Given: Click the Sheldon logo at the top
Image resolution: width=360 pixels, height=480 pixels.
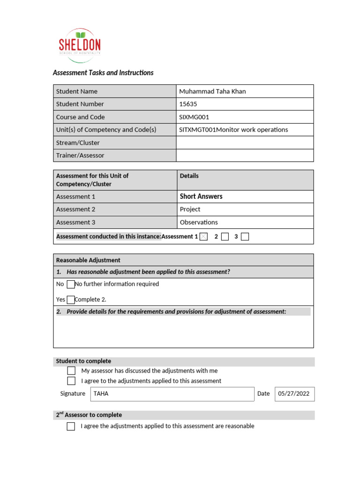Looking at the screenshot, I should pos(79,45).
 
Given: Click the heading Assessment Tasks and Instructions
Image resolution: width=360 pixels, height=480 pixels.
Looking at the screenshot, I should pos(103,73).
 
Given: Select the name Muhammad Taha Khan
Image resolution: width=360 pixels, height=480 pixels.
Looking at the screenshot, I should pos(212,91).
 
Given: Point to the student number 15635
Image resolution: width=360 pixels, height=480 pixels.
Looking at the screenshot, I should pos(187,104).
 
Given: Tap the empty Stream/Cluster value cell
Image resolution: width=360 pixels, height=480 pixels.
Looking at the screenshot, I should pos(244,142).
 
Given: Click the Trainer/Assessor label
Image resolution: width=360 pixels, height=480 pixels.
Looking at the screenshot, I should pos(80,155).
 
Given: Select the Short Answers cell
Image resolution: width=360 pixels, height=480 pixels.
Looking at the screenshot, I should pos(201,196).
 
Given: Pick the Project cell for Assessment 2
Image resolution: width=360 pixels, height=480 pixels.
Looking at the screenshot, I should pos(190,210).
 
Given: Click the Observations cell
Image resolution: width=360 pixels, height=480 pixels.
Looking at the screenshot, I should pos(199,222).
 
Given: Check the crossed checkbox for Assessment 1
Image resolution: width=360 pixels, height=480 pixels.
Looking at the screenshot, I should pos(203,237).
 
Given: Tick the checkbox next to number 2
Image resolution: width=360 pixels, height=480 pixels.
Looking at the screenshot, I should pos(225,237).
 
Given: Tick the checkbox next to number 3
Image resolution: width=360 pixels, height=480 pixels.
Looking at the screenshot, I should pos(245,237).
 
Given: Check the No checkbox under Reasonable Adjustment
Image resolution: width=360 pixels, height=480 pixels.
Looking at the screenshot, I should pos(71,284).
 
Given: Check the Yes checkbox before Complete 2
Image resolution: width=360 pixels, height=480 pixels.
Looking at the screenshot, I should pos(71,300).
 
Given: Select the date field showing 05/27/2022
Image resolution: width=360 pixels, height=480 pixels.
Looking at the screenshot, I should pos(294,394).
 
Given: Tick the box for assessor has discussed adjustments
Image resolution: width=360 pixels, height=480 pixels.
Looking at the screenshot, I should pos(71,371).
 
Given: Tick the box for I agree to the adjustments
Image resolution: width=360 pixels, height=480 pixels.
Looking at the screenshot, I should pos(71,381).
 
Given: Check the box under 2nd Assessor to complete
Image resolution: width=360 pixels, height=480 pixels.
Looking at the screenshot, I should pos(71,426).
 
